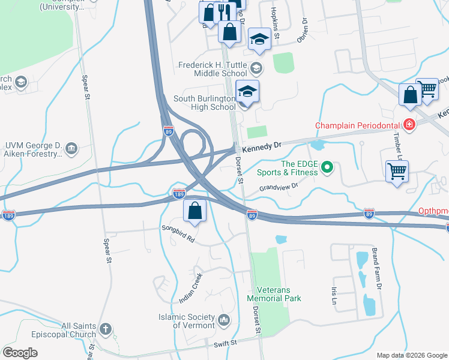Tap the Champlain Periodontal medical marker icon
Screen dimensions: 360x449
click(409, 125)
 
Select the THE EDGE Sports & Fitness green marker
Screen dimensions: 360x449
click(327, 167)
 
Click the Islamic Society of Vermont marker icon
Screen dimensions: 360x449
click(224, 320)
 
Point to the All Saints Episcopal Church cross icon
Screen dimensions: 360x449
click(105, 329)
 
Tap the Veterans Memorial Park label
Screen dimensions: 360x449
click(274, 293)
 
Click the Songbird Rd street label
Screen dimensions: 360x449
click(178, 233)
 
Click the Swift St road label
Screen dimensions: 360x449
click(226, 343)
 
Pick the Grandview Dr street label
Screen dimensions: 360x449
click(279, 188)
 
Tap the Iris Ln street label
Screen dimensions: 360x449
click(334, 295)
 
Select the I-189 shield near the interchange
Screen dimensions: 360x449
click(178, 193)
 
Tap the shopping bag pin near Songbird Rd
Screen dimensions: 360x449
click(195, 210)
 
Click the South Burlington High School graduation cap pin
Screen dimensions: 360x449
click(247, 91)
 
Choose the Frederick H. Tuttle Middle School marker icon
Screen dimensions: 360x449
click(257, 67)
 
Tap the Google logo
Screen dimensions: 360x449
click(20, 353)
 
